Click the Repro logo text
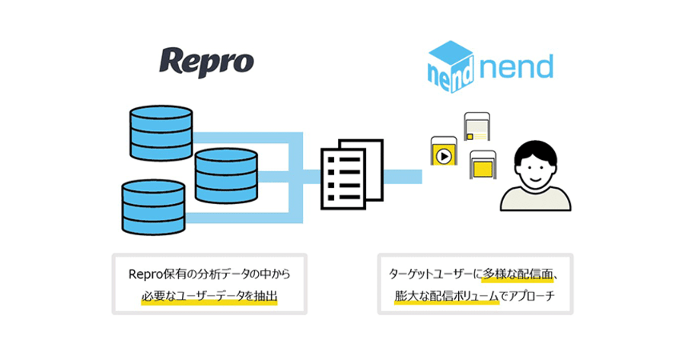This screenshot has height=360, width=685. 206,62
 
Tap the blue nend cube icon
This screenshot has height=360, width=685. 451,66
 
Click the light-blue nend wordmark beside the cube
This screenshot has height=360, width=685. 517,67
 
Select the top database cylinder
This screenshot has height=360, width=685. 161,133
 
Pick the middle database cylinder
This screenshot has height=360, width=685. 226,176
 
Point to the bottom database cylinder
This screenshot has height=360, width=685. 153,207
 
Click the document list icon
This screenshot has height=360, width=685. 352,174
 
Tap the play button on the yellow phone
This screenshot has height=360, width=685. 444,157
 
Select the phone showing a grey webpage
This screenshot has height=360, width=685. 477,126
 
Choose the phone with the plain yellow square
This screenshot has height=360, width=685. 483,164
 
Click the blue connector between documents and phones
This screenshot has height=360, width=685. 403,177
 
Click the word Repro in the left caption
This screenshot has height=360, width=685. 145,274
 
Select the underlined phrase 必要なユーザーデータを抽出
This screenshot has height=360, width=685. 209,296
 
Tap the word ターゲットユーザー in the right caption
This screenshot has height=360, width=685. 431,274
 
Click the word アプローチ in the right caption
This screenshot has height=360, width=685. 533,296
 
